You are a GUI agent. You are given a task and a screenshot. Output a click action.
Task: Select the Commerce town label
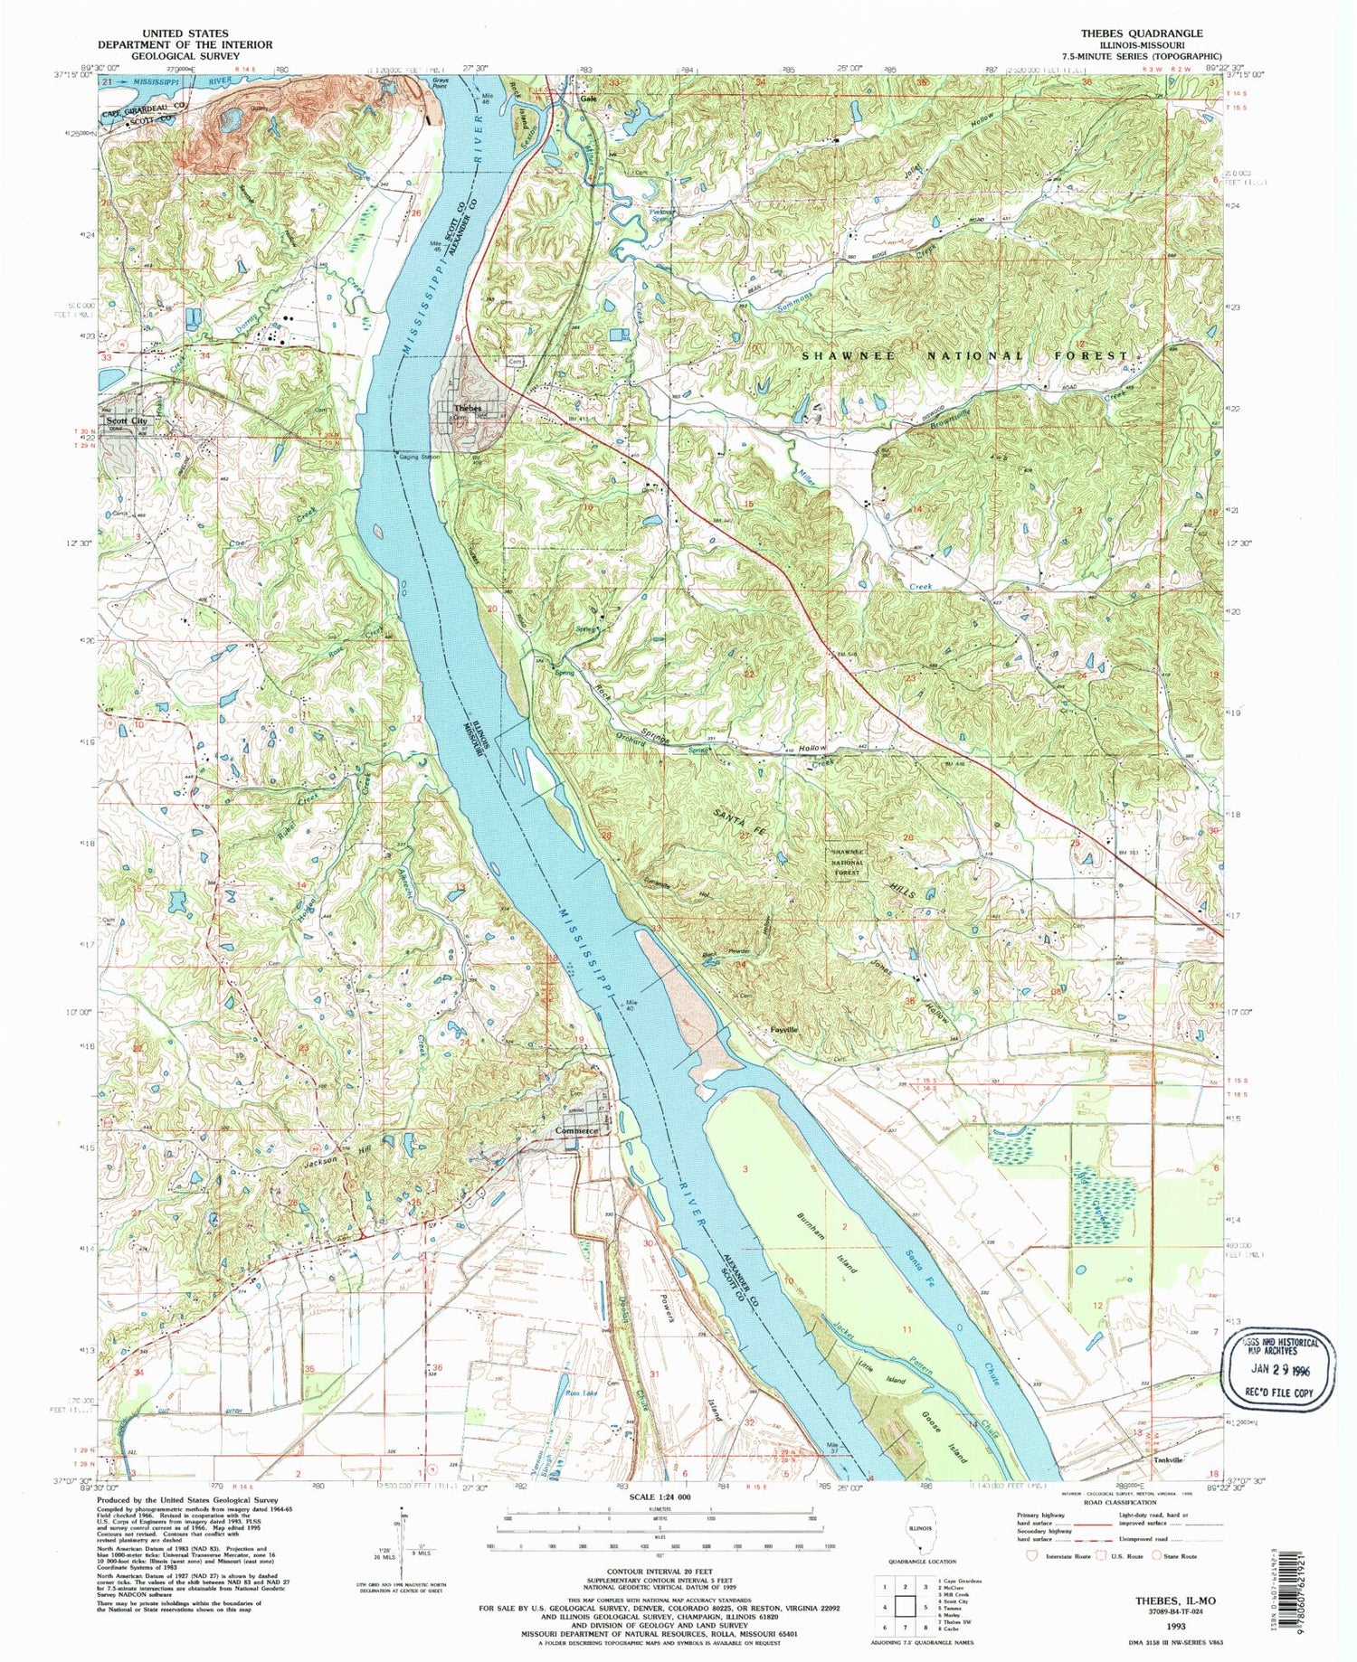(x=576, y=1131)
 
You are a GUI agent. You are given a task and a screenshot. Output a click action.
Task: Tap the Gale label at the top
(x=590, y=99)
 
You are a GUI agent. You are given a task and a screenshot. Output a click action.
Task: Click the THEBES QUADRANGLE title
(x=1142, y=33)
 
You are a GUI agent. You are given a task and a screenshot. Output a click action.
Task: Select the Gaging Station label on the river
(x=418, y=458)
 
